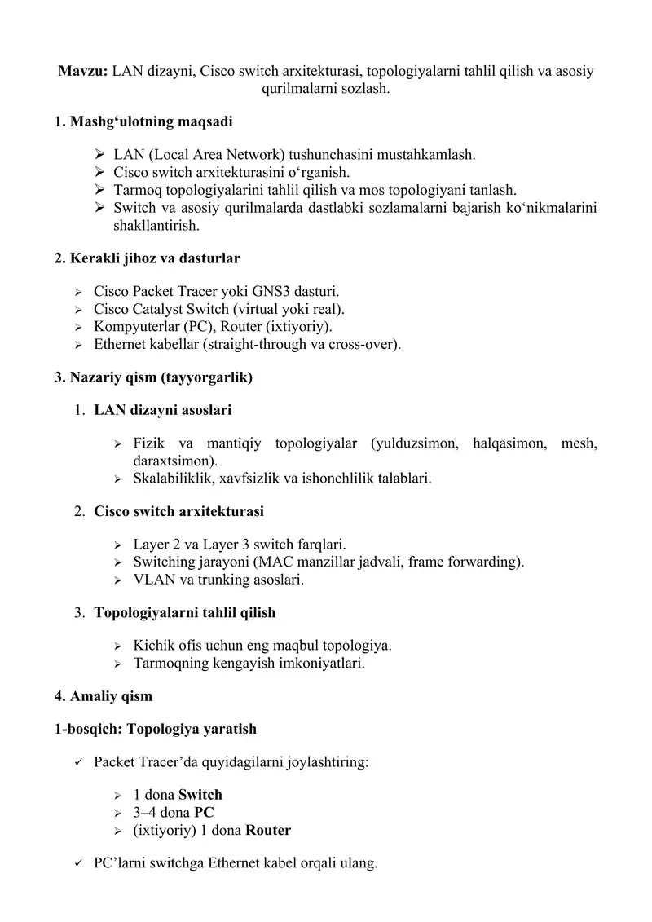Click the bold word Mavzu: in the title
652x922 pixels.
(x=82, y=71)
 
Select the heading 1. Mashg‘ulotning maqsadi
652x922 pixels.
(x=143, y=122)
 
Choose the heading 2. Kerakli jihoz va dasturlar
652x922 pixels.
(x=148, y=258)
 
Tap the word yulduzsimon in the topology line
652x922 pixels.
(x=421, y=443)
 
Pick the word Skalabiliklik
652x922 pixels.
(x=171, y=479)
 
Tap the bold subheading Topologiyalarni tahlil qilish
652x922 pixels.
(x=185, y=612)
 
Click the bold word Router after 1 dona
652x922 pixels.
(x=268, y=831)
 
